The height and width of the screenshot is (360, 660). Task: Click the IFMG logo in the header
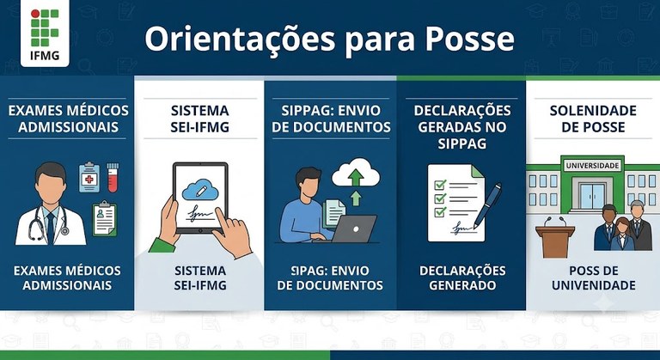tap(45, 34)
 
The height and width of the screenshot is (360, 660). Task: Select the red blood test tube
tap(113, 177)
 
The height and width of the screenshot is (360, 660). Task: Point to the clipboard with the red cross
tap(89, 177)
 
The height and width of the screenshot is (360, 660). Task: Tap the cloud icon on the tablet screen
tap(200, 190)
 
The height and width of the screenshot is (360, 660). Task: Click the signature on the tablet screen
tap(200, 212)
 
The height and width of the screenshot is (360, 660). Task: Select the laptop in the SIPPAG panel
tap(353, 229)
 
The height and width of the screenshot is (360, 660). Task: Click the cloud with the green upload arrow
tap(356, 174)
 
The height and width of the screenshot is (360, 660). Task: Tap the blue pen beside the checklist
tap(487, 205)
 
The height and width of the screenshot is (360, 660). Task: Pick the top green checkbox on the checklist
tap(440, 185)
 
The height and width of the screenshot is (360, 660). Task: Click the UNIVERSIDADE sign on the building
tap(593, 166)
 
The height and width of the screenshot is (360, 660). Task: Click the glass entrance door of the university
tap(592, 195)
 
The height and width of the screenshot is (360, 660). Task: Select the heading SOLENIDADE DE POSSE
tap(593, 119)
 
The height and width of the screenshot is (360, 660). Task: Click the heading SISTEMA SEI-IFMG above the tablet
tap(200, 119)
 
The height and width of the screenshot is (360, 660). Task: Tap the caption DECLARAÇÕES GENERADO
tap(462, 278)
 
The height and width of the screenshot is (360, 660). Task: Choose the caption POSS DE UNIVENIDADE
tap(594, 278)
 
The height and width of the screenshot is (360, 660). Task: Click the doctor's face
tap(50, 188)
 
